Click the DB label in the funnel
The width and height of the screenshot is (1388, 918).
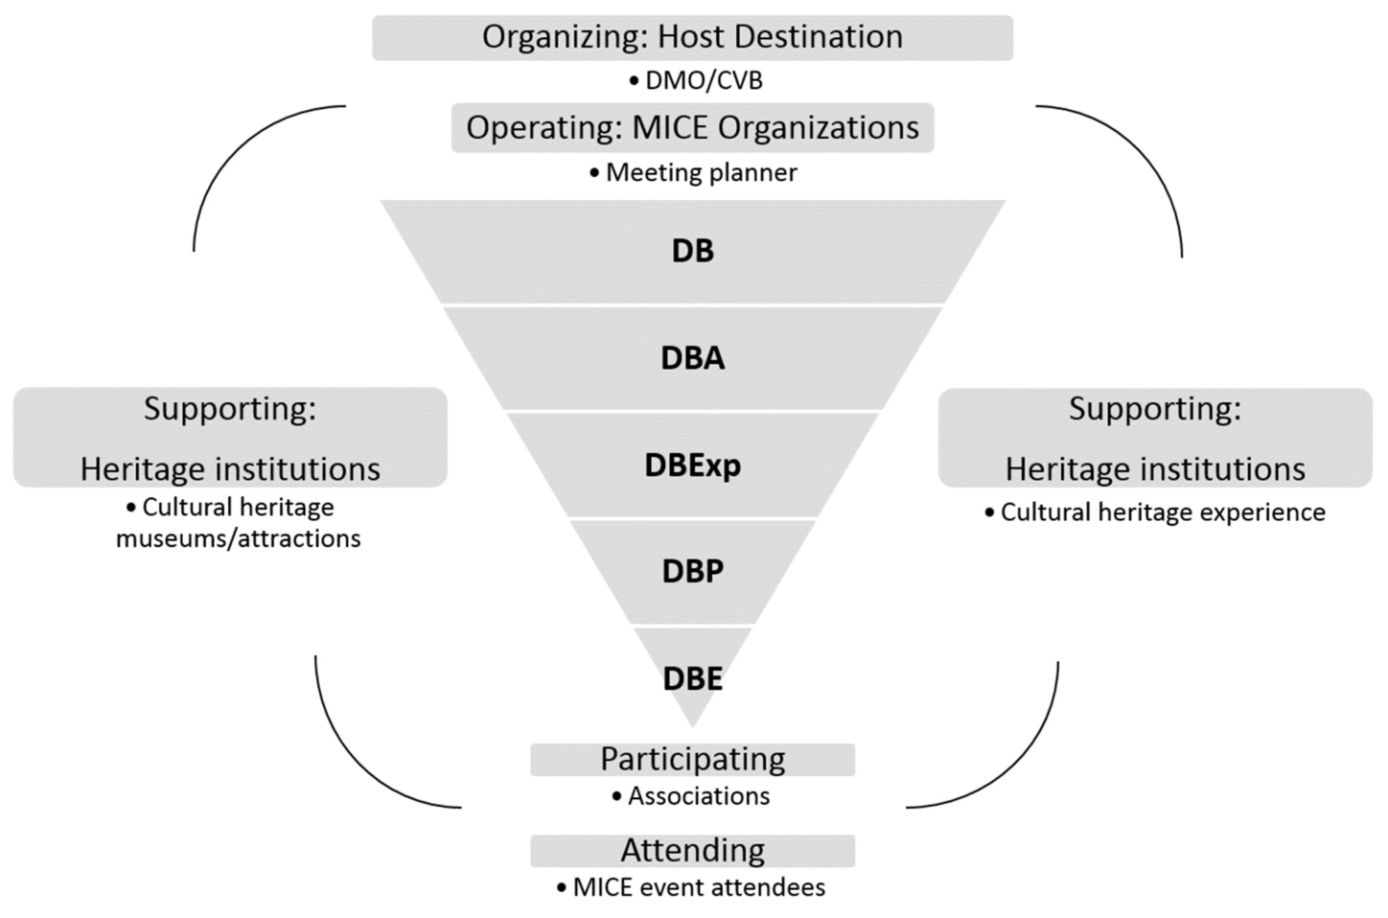click(692, 251)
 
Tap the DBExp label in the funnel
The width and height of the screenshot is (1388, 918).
click(692, 465)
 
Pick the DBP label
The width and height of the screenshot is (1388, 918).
click(692, 571)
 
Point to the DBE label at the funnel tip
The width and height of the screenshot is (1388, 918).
click(692, 679)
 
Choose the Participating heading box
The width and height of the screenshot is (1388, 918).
click(692, 759)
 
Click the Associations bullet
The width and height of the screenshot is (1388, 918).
click(698, 796)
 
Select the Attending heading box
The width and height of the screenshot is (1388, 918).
click(692, 850)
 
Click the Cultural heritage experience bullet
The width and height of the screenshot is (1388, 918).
click(1163, 512)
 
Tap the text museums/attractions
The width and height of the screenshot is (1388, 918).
click(238, 539)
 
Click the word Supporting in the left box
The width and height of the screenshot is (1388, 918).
click(230, 409)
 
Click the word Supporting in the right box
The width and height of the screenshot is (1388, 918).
click(1154, 409)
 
